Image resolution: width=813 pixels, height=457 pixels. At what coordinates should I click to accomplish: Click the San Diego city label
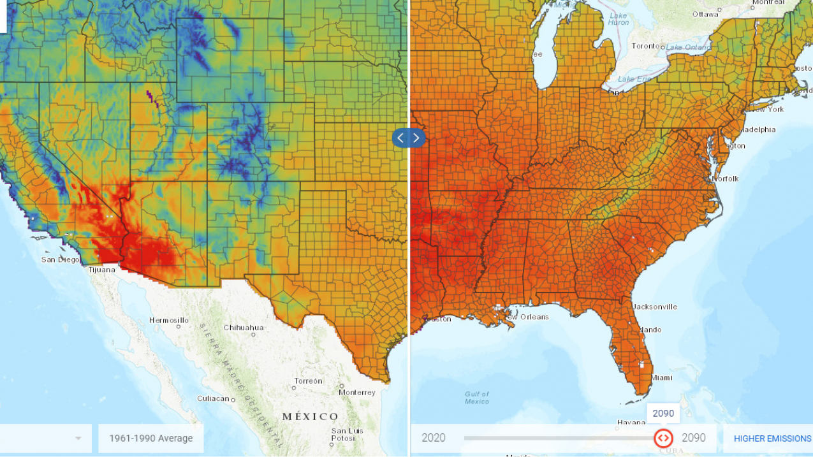[60, 259]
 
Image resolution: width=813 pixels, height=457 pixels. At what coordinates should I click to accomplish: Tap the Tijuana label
[101, 270]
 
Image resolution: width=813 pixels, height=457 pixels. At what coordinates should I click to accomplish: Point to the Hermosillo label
[168, 320]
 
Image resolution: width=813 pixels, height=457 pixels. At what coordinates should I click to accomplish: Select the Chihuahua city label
[243, 328]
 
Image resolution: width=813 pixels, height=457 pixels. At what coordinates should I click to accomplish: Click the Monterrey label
[356, 393]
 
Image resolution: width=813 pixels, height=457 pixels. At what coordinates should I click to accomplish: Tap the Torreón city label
[308, 381]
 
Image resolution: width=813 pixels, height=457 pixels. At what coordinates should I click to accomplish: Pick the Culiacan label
[212, 398]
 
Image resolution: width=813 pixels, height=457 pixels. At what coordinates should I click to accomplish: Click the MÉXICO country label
[310, 416]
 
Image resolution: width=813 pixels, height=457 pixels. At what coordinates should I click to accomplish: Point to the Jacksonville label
[655, 307]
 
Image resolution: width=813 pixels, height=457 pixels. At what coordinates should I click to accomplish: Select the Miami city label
[662, 378]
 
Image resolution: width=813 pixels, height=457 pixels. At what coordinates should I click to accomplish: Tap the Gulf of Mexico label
[476, 398]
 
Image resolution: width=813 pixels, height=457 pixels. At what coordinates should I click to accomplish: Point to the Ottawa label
[705, 14]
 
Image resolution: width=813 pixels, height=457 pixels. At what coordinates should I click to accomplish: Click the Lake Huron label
[619, 18]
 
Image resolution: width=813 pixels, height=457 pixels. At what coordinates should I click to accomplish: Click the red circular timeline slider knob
[663, 438]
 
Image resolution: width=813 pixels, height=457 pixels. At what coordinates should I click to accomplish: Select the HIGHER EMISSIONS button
[772, 439]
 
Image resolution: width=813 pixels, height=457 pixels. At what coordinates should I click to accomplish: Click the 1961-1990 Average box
[150, 439]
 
